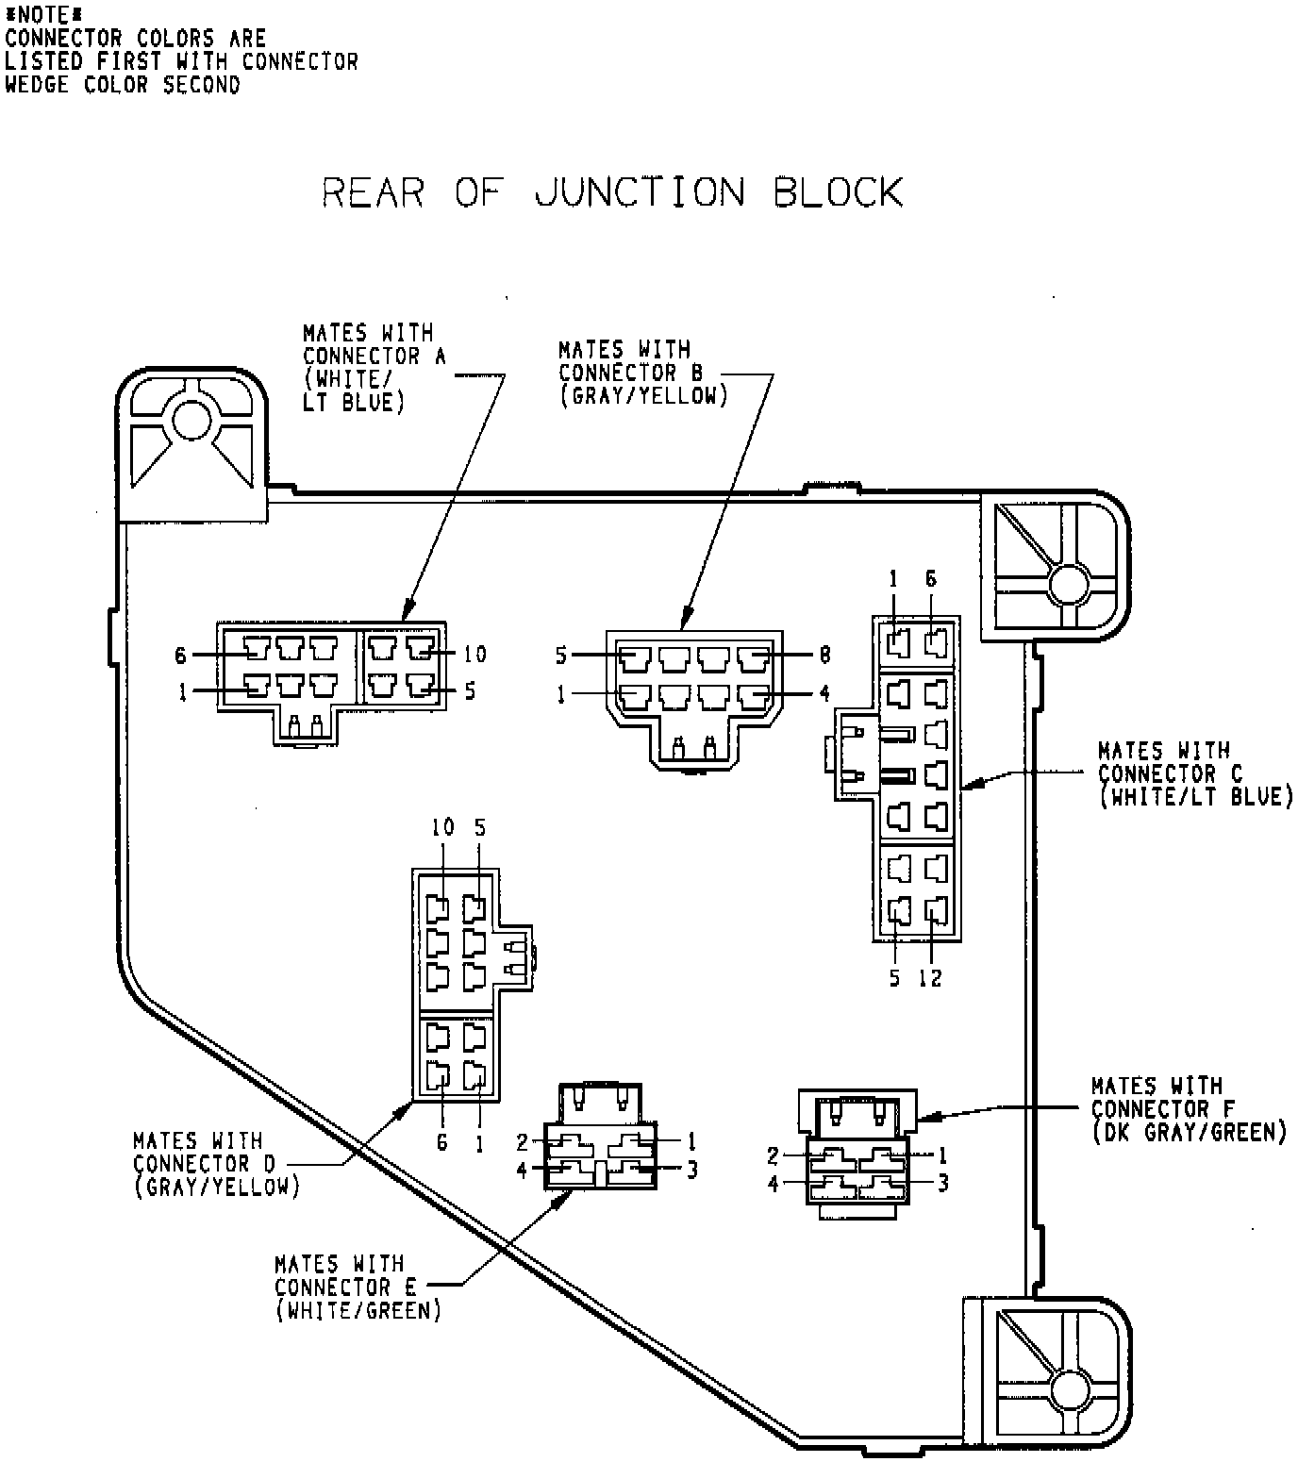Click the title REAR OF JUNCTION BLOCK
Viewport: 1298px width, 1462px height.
(x=612, y=191)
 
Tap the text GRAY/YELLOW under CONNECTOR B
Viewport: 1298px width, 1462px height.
(x=644, y=396)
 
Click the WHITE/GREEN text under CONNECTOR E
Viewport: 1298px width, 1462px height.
(x=358, y=1311)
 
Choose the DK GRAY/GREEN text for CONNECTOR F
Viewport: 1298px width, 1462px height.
(x=1190, y=1132)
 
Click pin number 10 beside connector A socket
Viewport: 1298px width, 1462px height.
(x=474, y=654)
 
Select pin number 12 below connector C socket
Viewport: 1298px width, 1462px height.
(x=930, y=978)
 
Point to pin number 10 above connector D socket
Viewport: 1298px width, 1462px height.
(x=442, y=827)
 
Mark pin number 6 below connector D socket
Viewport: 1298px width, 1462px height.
(x=441, y=1143)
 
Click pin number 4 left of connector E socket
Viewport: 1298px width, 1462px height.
(x=522, y=1171)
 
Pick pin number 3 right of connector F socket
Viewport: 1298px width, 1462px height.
(x=942, y=1182)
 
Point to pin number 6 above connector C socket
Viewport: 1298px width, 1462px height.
(x=930, y=579)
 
